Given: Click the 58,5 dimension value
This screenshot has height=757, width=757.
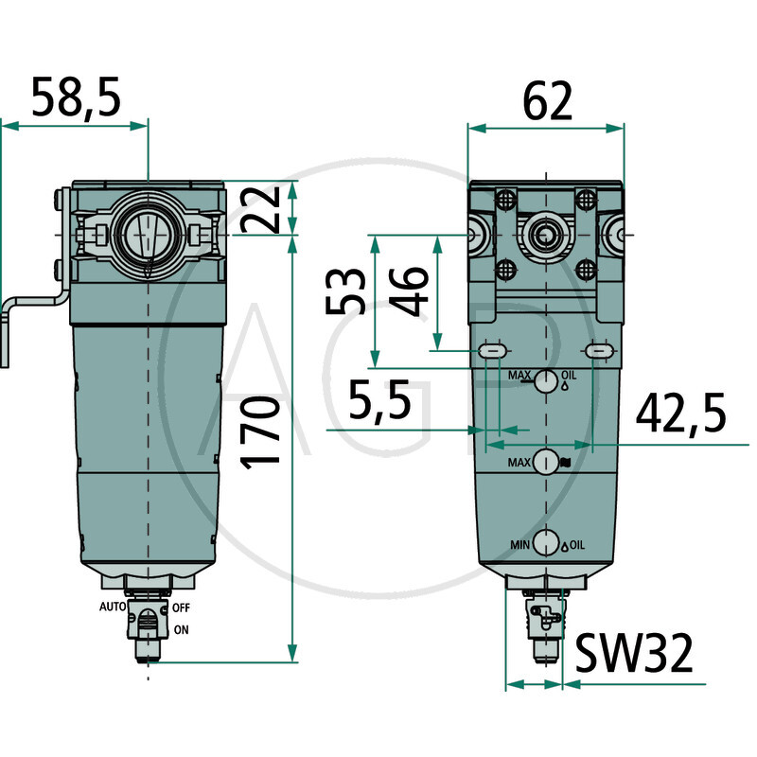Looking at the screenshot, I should click(x=77, y=98).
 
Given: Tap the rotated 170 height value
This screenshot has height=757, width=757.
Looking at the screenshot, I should click(x=261, y=431).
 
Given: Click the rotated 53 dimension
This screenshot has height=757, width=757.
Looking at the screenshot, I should click(x=345, y=291).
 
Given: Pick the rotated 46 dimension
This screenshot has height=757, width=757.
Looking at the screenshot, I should click(x=409, y=295).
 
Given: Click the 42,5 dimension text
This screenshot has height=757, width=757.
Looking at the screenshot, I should click(x=681, y=413).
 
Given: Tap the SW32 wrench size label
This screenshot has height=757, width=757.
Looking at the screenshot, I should click(x=634, y=652).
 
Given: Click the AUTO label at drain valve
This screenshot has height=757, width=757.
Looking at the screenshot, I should click(x=114, y=606).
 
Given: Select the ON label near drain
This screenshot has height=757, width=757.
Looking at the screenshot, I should click(x=180, y=628).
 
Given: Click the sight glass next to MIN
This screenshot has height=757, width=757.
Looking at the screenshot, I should click(x=545, y=543).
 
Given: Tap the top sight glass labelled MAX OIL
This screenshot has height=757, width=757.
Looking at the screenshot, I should click(x=545, y=382).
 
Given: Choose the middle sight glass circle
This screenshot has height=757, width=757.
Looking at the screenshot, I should click(x=545, y=463).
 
